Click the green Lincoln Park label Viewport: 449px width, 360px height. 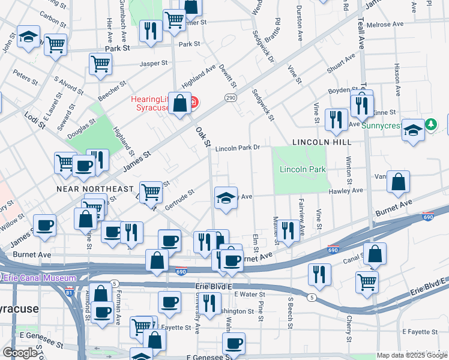[x=303, y=170]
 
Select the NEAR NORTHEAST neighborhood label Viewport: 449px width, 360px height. [x=94, y=189]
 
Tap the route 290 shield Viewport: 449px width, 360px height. [x=231, y=98]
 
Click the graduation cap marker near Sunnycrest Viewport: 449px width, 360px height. [x=413, y=130]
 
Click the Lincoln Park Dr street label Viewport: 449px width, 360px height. [x=237, y=148]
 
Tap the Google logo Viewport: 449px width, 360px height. [x=20, y=353]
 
